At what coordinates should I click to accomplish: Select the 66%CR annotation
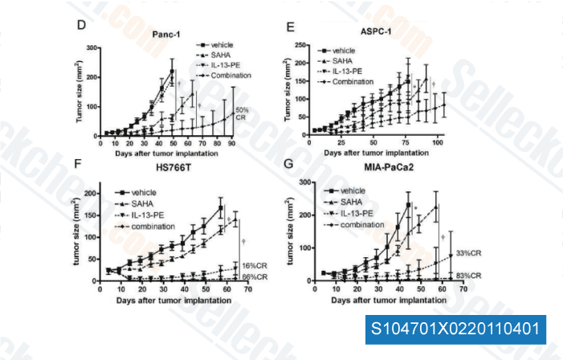(255, 277)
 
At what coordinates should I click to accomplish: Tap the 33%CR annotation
(467, 253)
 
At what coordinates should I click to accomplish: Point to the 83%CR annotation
(467, 276)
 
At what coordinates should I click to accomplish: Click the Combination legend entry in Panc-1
(231, 75)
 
